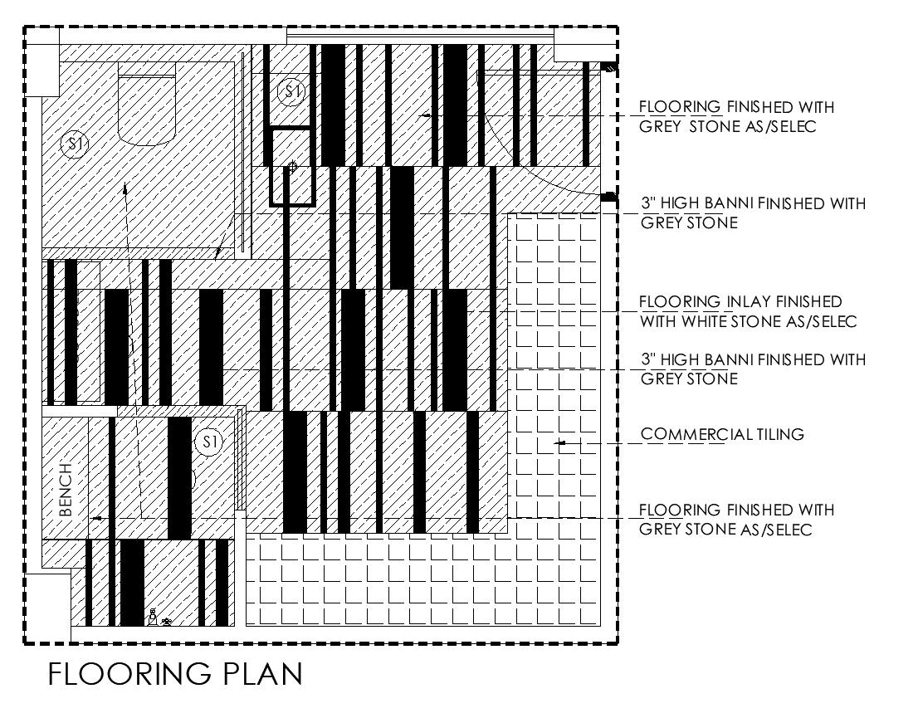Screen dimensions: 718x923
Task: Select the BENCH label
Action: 67,490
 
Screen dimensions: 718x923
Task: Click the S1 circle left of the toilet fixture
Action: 75,144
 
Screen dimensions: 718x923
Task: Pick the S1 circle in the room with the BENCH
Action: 208,442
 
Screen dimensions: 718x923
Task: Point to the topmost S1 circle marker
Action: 291,91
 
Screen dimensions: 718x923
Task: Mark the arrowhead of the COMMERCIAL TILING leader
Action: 559,443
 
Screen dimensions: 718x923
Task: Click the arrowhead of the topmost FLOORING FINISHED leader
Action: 425,115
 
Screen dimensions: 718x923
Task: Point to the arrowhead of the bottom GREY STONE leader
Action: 96,518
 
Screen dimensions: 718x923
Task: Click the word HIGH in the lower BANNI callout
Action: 678,359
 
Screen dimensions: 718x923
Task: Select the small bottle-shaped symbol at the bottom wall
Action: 153,617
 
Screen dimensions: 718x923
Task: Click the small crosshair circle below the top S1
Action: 292,167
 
